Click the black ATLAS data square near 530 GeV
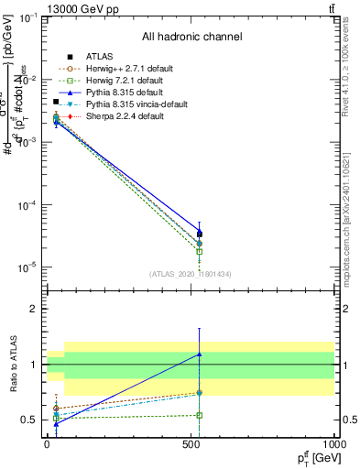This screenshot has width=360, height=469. click(200, 234)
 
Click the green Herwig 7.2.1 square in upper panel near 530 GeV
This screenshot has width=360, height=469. click(200, 251)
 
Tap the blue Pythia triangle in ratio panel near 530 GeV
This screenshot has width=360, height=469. click(200, 354)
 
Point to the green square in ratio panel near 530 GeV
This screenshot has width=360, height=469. click(200, 415)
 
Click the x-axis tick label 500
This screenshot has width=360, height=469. click(191, 443)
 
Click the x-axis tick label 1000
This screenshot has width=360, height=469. click(333, 443)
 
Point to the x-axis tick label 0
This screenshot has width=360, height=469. click(48, 443)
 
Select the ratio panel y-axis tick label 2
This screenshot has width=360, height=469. click(33, 310)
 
